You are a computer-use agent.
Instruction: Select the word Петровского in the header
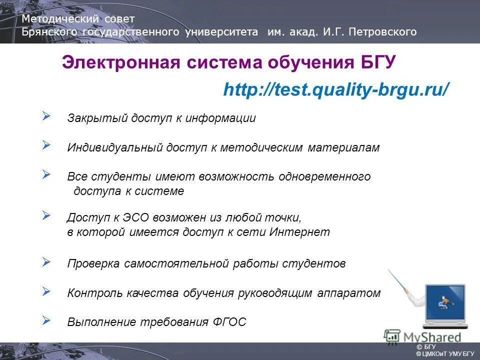[384, 32]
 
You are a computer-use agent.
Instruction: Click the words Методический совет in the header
[78, 19]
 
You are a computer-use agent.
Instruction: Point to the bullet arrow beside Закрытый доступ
[46, 116]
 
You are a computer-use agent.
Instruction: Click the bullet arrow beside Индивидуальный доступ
[46, 145]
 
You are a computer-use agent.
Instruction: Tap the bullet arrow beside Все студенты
[46, 174]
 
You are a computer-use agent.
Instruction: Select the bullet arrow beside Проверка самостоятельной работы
[46, 261]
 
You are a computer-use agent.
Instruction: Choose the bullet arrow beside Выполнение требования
[46, 319]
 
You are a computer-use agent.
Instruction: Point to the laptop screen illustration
[444, 302]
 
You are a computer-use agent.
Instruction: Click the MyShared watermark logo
[422, 336]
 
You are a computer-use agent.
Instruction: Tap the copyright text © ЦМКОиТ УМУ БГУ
[445, 354]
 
